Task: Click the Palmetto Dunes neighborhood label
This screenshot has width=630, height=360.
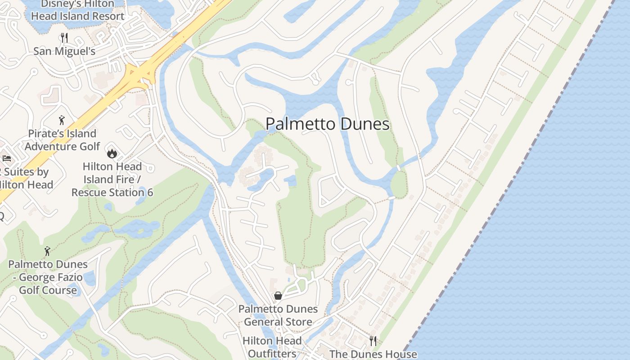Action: tap(328, 124)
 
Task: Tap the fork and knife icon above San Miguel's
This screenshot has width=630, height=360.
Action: tap(64, 37)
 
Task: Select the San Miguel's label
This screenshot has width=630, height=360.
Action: tap(64, 51)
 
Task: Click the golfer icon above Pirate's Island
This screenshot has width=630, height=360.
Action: tap(62, 120)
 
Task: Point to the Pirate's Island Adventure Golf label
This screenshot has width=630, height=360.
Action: tap(62, 140)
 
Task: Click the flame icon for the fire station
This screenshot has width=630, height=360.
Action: tap(111, 153)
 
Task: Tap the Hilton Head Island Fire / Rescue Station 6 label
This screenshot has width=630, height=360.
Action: tap(112, 180)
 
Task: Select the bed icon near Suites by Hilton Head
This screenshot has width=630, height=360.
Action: tap(7, 158)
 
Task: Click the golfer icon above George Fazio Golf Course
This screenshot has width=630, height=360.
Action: tap(47, 251)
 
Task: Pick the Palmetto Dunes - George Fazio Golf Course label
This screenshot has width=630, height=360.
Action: tap(48, 277)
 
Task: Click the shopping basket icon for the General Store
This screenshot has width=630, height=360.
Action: tap(278, 296)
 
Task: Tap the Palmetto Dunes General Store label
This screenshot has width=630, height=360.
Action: tap(278, 315)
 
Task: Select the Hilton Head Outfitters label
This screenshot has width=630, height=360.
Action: tap(272, 347)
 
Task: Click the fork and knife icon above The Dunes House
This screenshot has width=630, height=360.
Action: tap(373, 341)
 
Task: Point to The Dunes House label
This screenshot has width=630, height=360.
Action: tap(373, 354)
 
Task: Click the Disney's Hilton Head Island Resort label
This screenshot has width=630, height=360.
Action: tap(77, 10)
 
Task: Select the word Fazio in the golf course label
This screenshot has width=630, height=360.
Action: tap(50, 277)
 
